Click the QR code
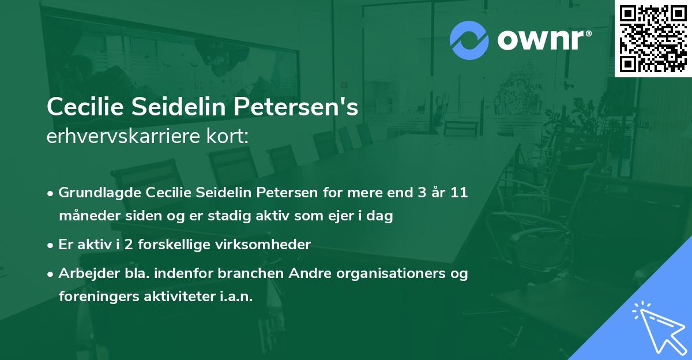tap(653, 38)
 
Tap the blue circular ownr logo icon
tap(469, 40)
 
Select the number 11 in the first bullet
tap(459, 193)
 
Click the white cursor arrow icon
tap(657, 325)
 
